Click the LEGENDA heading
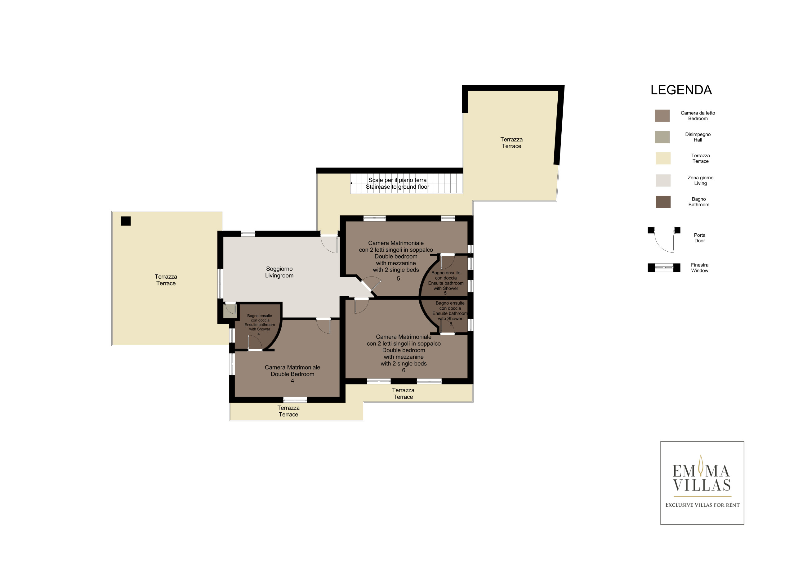681,90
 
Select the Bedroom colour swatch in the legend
662,115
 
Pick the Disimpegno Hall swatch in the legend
662,137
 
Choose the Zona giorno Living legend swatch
663,181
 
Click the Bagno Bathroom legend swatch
663,202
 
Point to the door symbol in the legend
664,240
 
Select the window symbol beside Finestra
664,268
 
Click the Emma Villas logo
702,483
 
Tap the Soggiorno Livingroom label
279,272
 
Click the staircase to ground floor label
397,183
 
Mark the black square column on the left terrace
126,221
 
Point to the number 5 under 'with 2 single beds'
398,278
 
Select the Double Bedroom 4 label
292,374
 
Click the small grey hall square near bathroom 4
230,311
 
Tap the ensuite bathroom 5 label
446,283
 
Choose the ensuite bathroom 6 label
450,313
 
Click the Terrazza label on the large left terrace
166,280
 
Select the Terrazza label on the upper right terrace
511,142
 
